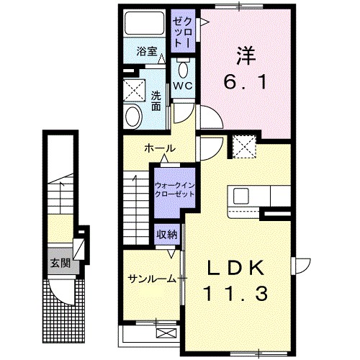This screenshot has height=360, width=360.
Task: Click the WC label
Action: pyautogui.click(x=181, y=86)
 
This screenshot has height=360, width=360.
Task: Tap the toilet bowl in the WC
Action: pyautogui.click(x=181, y=69)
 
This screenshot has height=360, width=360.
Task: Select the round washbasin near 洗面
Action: pyautogui.click(x=133, y=117)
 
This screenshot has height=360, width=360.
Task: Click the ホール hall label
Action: pyautogui.click(x=160, y=148)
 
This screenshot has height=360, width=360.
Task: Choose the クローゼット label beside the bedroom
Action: pyautogui.click(x=181, y=30)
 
